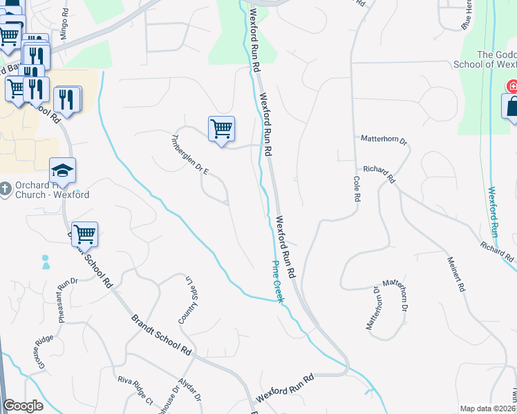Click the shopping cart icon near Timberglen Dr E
coord(221,128)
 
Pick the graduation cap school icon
coord(62,170)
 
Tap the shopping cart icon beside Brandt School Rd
coord(84,234)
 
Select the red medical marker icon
coord(512,86)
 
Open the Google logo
coord(23,406)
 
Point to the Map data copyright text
coord(488,408)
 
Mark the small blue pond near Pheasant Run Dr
coord(46,262)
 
